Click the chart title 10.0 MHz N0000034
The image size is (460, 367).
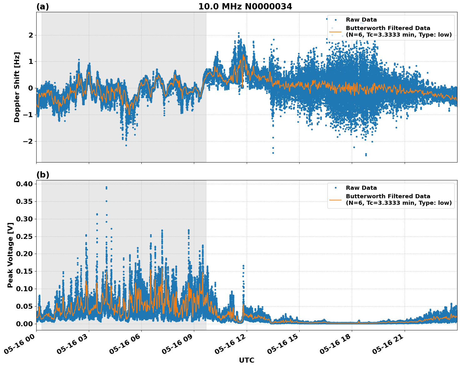[x=245, y=7]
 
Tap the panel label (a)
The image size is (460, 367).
[x=43, y=7]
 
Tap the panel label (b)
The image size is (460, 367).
[x=43, y=175]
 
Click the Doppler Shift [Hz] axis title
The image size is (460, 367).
[x=17, y=87]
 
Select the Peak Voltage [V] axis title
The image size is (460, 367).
[x=10, y=255]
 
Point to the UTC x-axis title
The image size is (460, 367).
[x=246, y=360]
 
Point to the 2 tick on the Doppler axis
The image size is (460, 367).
[x=30, y=35]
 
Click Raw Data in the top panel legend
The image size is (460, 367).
[x=361, y=20]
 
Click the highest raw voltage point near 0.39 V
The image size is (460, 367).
[x=106, y=187]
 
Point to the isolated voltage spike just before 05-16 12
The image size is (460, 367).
[x=243, y=266]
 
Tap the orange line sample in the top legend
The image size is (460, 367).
[x=336, y=32]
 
